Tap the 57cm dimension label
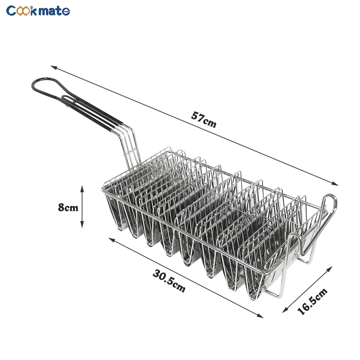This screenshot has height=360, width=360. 204,120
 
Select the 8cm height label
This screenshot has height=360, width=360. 68,208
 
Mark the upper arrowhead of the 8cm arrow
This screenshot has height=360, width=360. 82,188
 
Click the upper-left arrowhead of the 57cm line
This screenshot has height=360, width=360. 52,67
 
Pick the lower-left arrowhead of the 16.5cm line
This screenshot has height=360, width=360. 284,310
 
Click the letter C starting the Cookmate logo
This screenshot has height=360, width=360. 12,11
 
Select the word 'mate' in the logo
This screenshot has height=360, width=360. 54,11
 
